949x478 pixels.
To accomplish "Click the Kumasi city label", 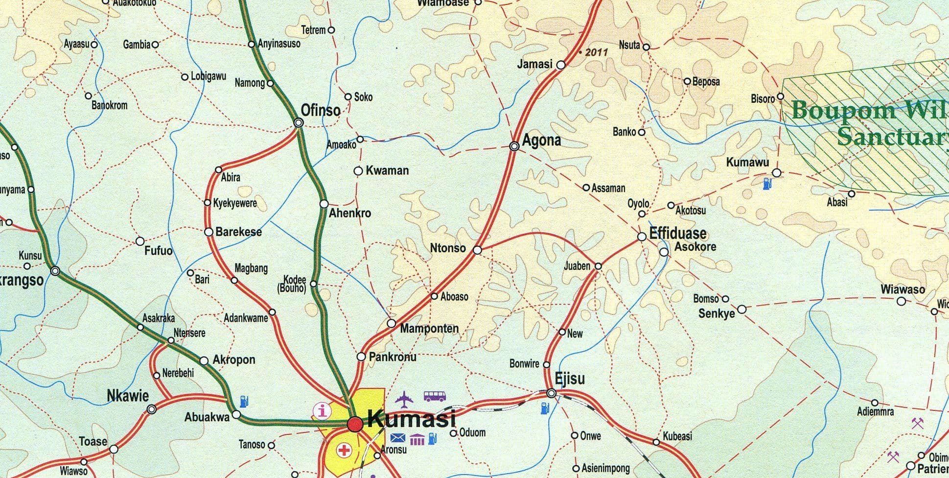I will coord(411,419).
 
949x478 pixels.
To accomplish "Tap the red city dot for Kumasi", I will coord(355,424).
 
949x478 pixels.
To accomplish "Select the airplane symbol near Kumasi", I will coord(404,399).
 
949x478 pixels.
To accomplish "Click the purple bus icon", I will coord(435,396).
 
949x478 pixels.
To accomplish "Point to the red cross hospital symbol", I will coord(344,450).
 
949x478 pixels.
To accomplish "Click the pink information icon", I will coord(322,410).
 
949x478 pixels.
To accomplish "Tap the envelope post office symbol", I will coord(398,437).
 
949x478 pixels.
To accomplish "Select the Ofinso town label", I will coord(321,111).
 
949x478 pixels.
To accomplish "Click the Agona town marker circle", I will coord(514,146).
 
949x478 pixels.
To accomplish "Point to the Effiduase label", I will coord(678,233).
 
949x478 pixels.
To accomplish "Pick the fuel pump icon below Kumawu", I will coord(767,184).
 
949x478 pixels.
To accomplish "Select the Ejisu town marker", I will coord(552,393).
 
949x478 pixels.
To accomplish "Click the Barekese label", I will coord(238,232).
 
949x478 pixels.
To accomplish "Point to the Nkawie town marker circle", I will coord(152,409).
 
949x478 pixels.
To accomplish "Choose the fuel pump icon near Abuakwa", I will coord(243,402).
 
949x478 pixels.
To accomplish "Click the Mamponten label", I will coord(429,329).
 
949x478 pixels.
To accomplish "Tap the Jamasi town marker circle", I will coord(561,65).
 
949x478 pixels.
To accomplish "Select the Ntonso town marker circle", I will coord(478,250).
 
